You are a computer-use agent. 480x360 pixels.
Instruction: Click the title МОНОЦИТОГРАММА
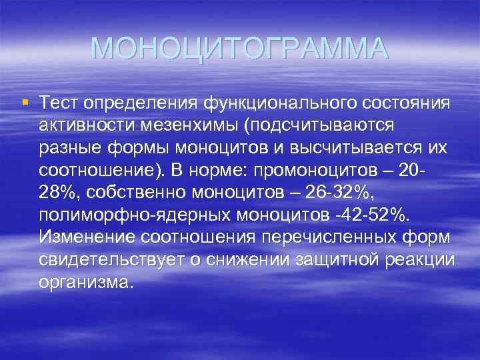point(239,49)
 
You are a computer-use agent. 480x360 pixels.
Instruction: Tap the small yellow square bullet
point(25,103)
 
